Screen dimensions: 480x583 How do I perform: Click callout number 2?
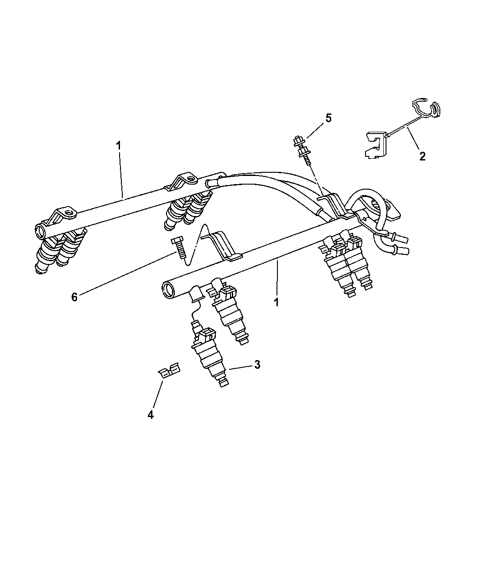(422, 156)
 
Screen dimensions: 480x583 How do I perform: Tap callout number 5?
(328, 119)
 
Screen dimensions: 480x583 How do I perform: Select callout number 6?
(74, 297)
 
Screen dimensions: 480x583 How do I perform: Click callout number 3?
(257, 365)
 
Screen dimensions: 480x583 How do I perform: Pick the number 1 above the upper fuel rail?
(119, 146)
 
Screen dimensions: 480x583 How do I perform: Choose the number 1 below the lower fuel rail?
(277, 302)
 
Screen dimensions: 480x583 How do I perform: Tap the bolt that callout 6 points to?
(179, 248)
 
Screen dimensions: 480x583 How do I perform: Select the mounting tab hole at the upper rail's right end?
(191, 178)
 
